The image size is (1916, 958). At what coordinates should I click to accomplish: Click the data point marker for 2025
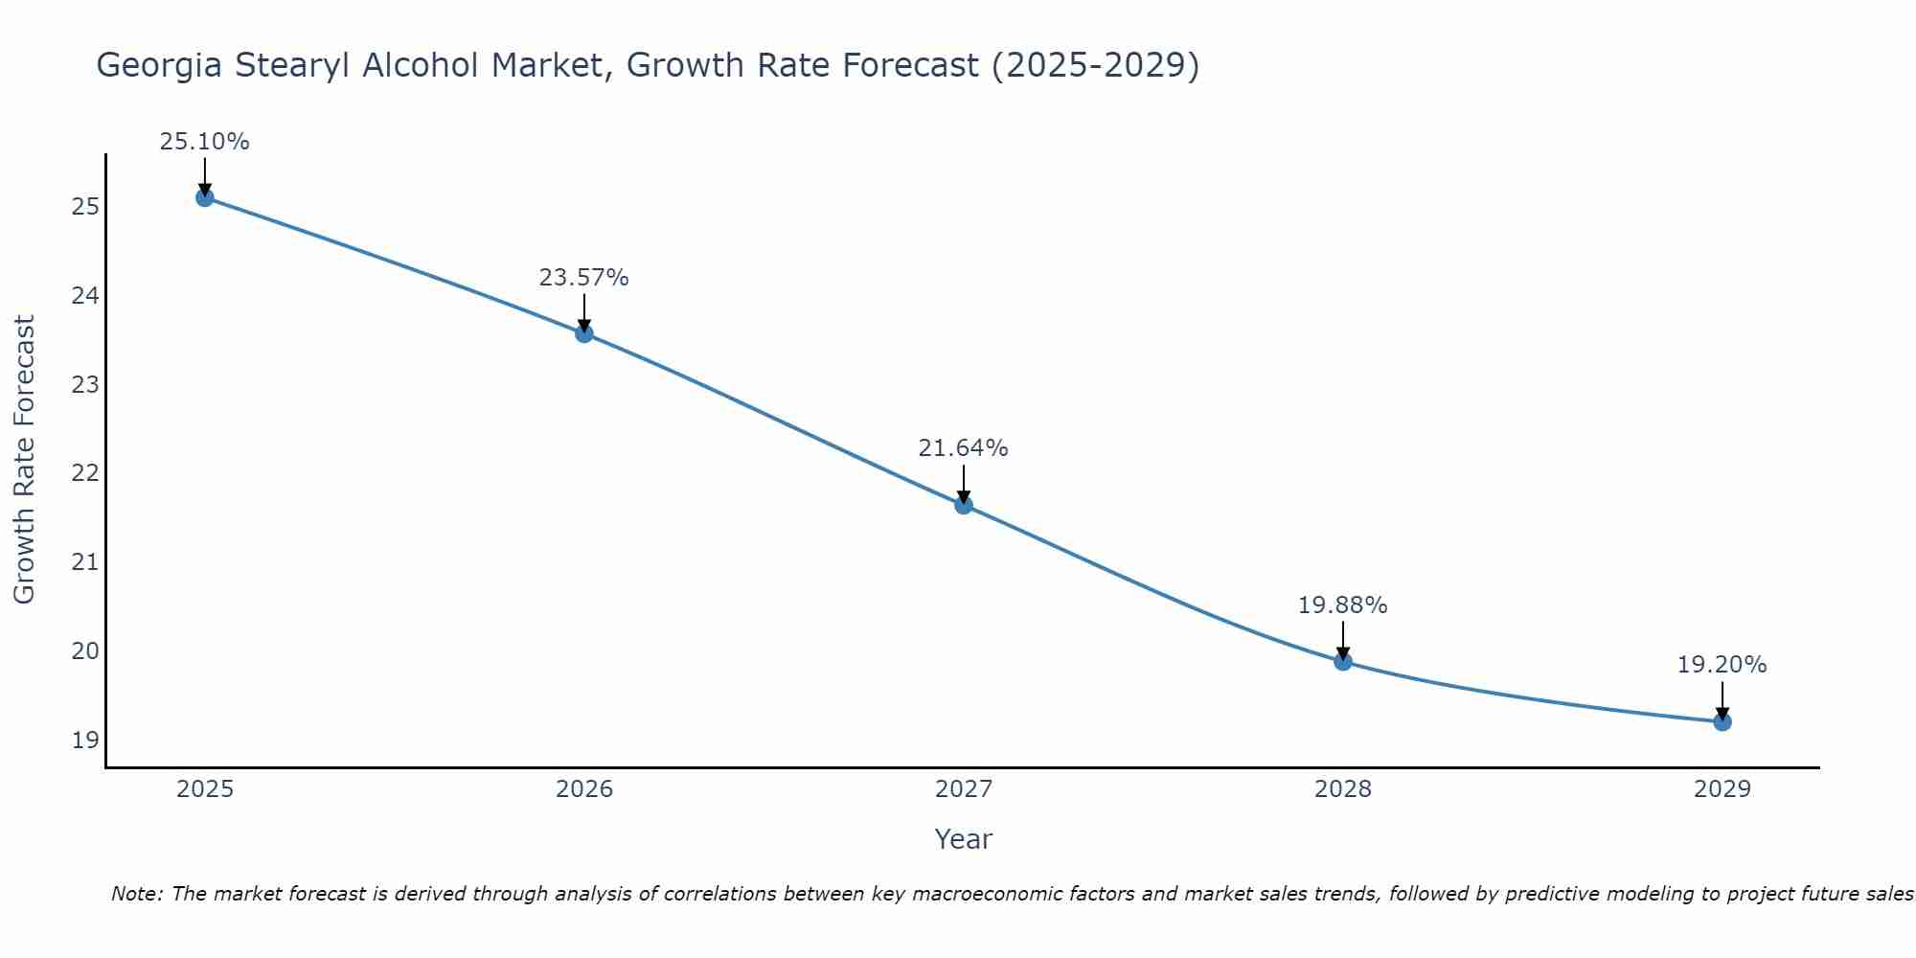tap(204, 197)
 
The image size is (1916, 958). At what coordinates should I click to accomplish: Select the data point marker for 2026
tap(583, 333)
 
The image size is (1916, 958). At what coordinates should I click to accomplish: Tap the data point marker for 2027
tap(963, 505)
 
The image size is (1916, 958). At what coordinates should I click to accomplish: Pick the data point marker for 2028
tap(1342, 661)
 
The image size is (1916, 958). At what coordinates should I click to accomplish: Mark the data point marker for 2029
tap(1722, 721)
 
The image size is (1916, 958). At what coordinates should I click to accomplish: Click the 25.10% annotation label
tap(204, 142)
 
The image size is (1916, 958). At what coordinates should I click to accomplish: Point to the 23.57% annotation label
tap(583, 278)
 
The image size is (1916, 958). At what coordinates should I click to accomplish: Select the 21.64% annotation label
tap(963, 448)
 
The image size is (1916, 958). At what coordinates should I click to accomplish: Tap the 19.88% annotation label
tap(1342, 605)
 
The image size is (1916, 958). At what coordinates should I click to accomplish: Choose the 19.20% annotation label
tap(1722, 665)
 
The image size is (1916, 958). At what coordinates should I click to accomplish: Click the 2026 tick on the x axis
tap(583, 789)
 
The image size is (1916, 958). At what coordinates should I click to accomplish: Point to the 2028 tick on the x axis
tap(1342, 789)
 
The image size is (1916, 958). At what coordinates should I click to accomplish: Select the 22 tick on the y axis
tap(84, 473)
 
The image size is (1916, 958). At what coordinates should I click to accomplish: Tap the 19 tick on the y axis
tap(84, 740)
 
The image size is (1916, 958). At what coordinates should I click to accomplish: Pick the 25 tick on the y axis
tap(84, 207)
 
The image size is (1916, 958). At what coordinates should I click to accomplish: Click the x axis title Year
tap(963, 839)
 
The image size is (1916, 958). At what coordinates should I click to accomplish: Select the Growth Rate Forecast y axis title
tap(25, 460)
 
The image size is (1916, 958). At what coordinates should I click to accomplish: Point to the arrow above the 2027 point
tap(963, 484)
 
